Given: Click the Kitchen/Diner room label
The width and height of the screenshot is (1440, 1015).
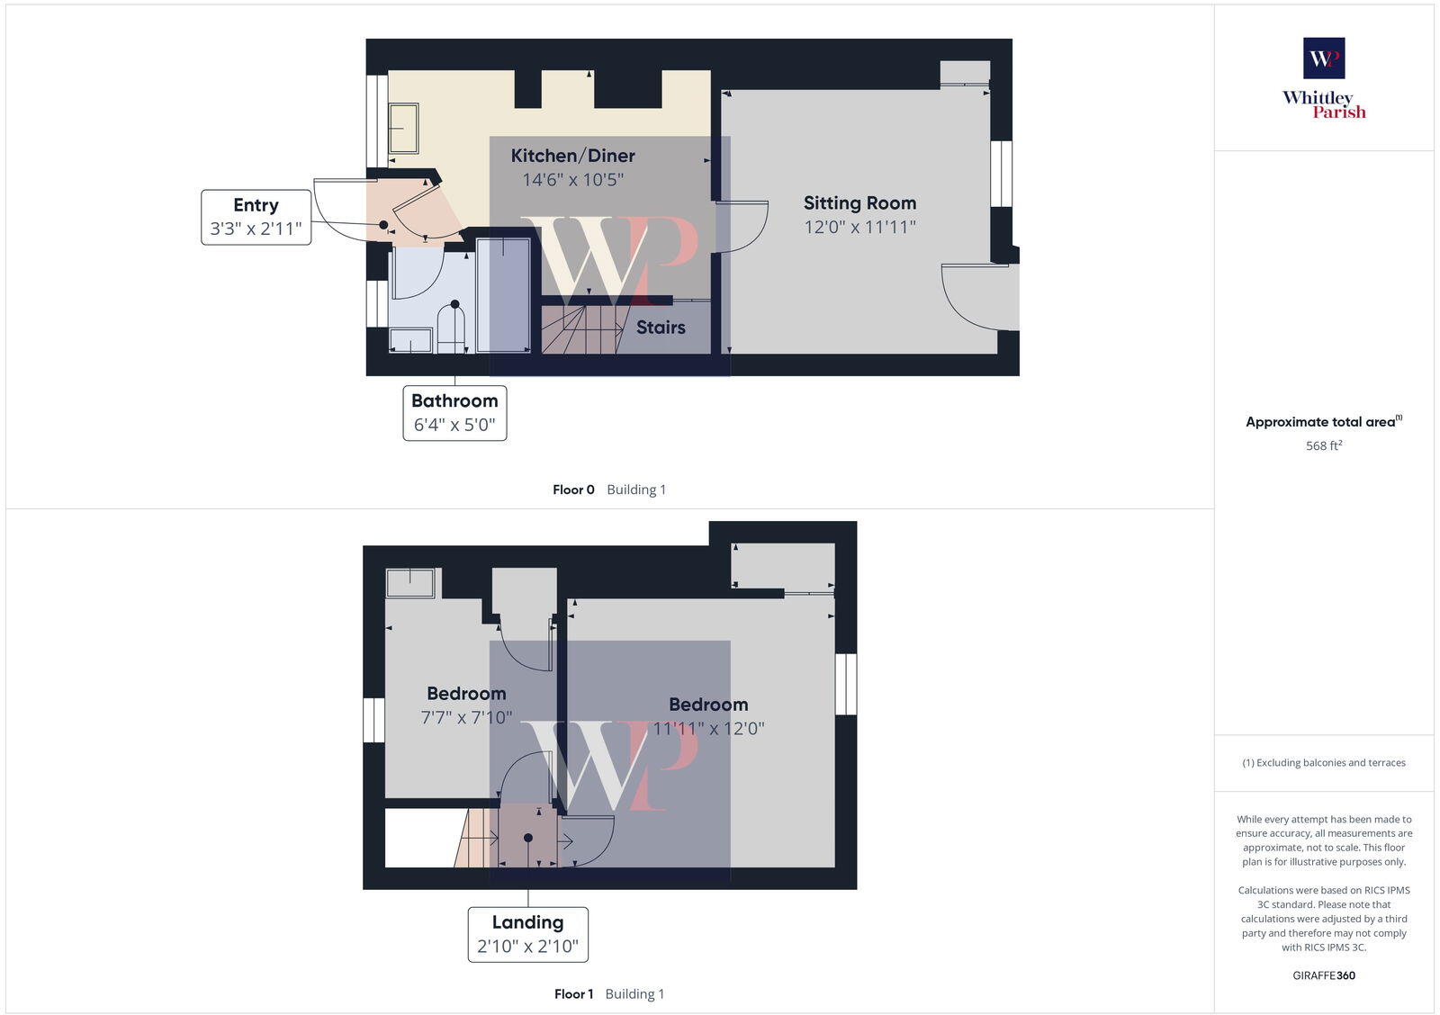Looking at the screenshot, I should tap(572, 156).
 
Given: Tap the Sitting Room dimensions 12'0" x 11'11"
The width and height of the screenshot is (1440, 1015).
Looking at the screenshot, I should tap(859, 228).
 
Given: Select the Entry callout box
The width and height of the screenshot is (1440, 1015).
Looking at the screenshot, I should tap(256, 217).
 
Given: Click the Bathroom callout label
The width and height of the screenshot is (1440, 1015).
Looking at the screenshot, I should tap(454, 413).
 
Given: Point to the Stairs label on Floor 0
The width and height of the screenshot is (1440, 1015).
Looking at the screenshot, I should tap(661, 328).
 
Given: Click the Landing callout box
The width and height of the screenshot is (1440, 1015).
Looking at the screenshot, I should tap(527, 934).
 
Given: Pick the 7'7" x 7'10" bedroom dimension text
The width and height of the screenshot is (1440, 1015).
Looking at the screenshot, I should tap(466, 718).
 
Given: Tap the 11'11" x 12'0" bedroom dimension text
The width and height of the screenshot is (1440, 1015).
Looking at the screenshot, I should tap(708, 729).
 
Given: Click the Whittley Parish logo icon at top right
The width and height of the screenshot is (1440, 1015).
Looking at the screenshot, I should tap(1324, 58).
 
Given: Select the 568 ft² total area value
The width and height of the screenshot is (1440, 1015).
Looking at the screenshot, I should tap(1324, 446).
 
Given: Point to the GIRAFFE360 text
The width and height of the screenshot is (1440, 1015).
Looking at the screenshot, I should tap(1324, 975).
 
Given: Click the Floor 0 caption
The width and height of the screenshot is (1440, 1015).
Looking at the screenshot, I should tap(573, 490).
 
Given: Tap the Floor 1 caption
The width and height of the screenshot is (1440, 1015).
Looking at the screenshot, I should tap(573, 994).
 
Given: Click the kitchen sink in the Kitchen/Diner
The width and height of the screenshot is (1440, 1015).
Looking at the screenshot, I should tap(403, 129).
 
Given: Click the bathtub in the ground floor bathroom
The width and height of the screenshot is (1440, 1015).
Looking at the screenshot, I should tap(503, 294).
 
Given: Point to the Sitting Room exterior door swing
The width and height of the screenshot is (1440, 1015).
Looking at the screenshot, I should tap(979, 297).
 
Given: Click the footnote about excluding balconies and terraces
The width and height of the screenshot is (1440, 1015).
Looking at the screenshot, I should tap(1324, 763).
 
